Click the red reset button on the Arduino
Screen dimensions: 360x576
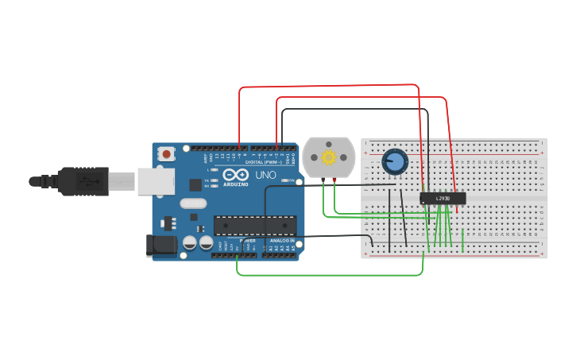tap(166, 153)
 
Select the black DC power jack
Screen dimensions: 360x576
tap(163, 246)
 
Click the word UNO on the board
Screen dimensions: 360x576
tap(265, 175)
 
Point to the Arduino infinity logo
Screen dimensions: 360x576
tap(235, 175)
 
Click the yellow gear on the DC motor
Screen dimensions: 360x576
tap(328, 157)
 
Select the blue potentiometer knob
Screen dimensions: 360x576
tap(394, 162)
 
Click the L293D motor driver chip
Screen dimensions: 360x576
tap(443, 198)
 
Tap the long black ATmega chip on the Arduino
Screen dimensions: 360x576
tap(255, 226)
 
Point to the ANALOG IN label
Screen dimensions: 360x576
tap(282, 239)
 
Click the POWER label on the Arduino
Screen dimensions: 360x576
tap(247, 239)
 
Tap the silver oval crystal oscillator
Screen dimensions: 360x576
tap(193, 203)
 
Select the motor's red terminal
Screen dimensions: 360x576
tap(334, 181)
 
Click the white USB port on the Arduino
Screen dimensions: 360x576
tap(156, 181)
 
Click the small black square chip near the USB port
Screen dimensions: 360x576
tap(195, 185)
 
